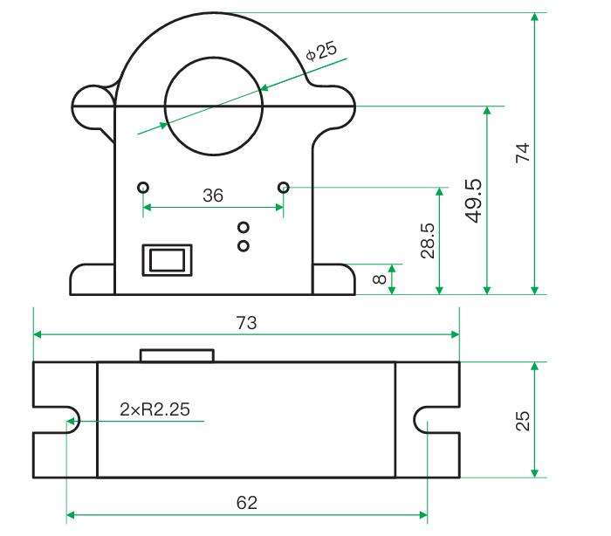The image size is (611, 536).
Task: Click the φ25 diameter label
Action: coord(321,51)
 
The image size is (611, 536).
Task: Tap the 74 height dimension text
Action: coord(523,153)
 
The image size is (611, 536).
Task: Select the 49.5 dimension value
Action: coord(474,201)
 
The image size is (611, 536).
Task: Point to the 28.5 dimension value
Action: coord(428,241)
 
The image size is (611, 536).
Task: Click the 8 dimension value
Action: coord(379,279)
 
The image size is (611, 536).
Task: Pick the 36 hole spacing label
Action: coord(213,196)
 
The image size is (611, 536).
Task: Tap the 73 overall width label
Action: coord(246,323)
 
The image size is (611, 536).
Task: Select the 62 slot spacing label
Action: coord(247,503)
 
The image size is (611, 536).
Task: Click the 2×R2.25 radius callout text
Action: coord(154,409)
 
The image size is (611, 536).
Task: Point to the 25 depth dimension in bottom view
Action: coord(523,421)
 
